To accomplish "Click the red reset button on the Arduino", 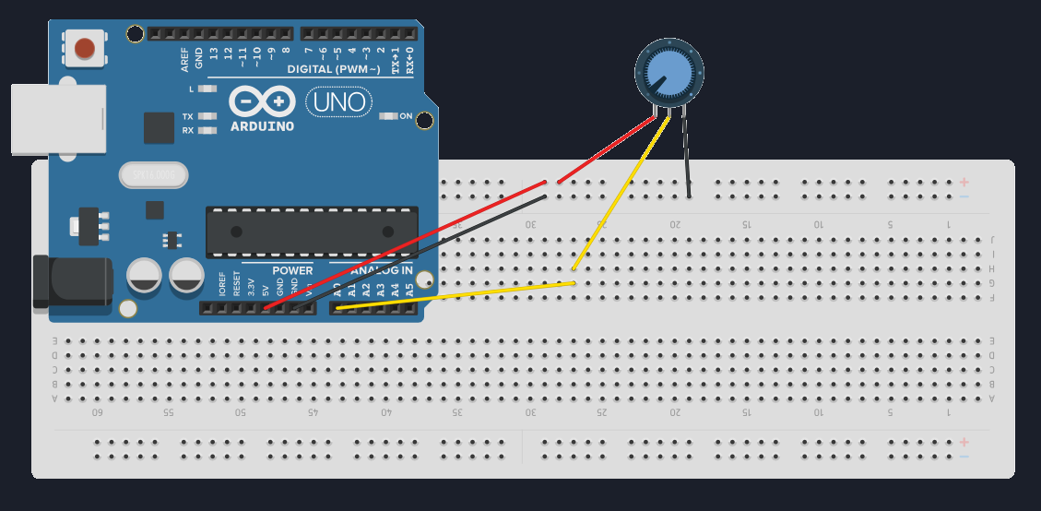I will click(85, 48).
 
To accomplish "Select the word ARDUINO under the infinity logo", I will click(263, 125).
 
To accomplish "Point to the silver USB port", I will click(55, 118).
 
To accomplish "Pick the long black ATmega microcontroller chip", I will click(312, 232).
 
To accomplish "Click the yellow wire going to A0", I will click(461, 295).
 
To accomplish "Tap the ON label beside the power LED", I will click(406, 116).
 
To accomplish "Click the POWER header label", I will click(292, 270).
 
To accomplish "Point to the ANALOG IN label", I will click(382, 270).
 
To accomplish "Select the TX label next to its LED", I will click(187, 116).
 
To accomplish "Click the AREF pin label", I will click(184, 61).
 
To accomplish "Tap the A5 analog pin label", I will click(409, 288).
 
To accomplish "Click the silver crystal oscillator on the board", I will click(153, 173).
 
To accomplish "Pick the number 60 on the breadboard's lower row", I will click(97, 412).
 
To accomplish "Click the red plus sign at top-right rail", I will click(964, 182).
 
